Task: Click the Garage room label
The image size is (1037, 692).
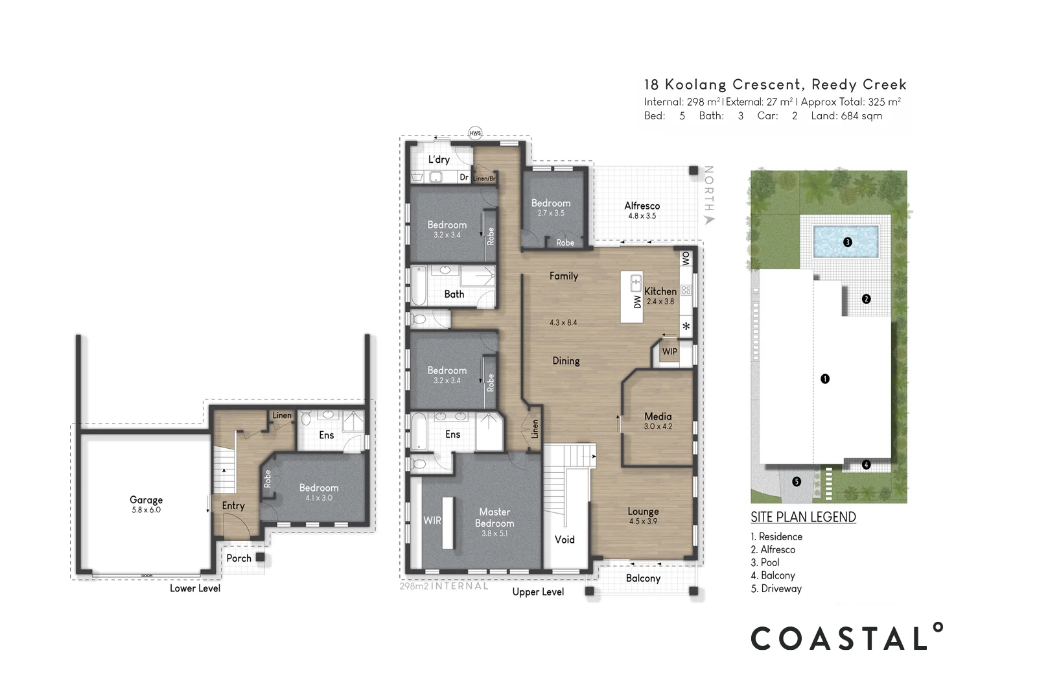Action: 146,500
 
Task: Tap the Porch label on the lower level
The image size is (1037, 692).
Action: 239,558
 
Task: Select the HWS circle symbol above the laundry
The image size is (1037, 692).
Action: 475,134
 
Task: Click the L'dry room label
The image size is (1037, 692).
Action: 439,160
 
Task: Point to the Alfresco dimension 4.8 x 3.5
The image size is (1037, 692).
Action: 642,216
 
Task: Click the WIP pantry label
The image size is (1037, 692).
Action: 670,352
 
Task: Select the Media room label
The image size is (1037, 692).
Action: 658,416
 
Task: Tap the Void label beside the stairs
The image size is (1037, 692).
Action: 565,540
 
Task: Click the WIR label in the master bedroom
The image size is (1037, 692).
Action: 432,520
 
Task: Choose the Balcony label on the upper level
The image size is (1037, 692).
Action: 643,579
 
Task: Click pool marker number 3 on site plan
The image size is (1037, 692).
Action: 847,243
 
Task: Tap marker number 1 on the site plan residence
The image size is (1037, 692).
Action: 824,379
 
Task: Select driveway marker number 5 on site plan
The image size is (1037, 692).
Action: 797,482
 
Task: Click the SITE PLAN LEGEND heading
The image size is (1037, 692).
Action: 803,517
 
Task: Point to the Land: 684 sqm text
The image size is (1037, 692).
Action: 846,116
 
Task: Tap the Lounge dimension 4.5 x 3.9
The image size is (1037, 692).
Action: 643,521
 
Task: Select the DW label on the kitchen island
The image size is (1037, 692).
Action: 638,302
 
